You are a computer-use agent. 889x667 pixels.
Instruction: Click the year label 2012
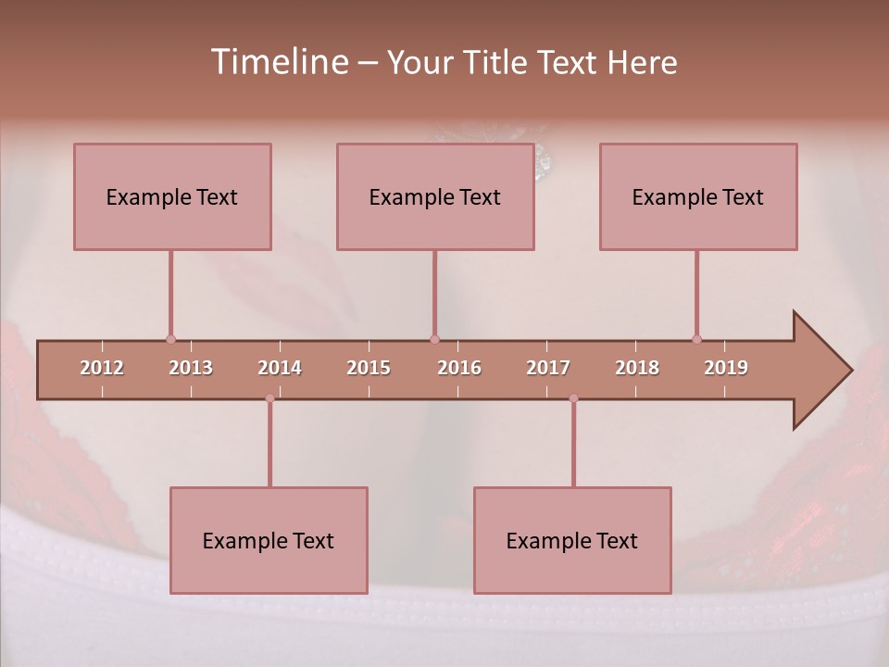(102, 368)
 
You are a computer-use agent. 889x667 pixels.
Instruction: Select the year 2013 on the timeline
(191, 368)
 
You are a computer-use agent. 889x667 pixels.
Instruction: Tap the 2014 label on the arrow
(280, 368)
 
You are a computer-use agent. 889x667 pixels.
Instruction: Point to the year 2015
(369, 368)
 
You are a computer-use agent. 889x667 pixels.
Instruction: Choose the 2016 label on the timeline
(459, 368)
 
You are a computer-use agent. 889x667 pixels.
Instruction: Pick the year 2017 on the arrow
(548, 368)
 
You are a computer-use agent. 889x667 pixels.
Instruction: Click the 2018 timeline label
(637, 368)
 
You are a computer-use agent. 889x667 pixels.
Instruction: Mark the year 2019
(726, 368)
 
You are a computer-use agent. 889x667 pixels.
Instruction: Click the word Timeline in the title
(278, 62)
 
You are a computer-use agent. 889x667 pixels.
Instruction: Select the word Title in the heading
(497, 62)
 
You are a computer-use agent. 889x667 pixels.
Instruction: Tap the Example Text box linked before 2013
(172, 196)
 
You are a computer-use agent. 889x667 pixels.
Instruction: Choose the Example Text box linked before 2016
(435, 196)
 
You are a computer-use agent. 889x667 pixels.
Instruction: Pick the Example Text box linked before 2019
(698, 196)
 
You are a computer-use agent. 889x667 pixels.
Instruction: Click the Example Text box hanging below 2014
(269, 540)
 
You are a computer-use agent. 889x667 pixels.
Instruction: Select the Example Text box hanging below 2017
(572, 540)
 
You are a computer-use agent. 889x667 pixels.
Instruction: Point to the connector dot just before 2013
(170, 339)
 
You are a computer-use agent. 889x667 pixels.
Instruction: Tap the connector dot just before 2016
(434, 339)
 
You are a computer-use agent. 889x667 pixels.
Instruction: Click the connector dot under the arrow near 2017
(573, 398)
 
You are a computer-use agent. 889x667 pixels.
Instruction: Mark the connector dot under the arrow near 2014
(269, 398)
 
